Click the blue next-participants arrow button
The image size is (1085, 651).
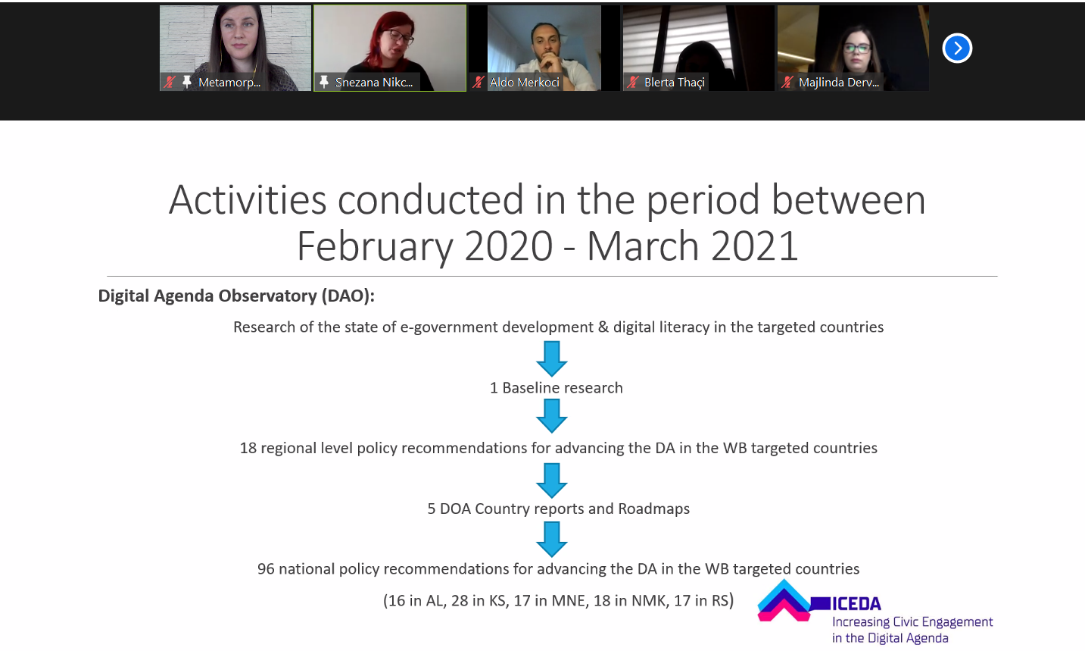click(x=957, y=48)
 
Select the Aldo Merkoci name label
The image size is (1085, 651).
click(x=525, y=83)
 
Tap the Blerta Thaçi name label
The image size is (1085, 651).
click(x=675, y=83)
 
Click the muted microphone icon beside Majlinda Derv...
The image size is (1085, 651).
click(x=787, y=83)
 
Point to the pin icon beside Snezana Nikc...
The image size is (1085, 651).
click(x=324, y=82)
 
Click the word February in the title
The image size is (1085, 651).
click(x=375, y=246)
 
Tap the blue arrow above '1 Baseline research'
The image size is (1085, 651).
click(x=552, y=358)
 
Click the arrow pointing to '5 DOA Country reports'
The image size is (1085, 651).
click(x=552, y=480)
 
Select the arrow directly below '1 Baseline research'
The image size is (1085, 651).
click(x=552, y=416)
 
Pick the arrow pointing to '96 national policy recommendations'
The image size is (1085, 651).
click(x=552, y=539)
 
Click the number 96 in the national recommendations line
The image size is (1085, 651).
click(x=266, y=568)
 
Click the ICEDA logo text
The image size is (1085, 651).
click(x=856, y=604)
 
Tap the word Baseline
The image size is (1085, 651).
click(x=531, y=388)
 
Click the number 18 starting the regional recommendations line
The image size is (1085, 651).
click(x=248, y=448)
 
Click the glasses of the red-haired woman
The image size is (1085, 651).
click(x=401, y=36)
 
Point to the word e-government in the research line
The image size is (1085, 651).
click(x=449, y=327)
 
